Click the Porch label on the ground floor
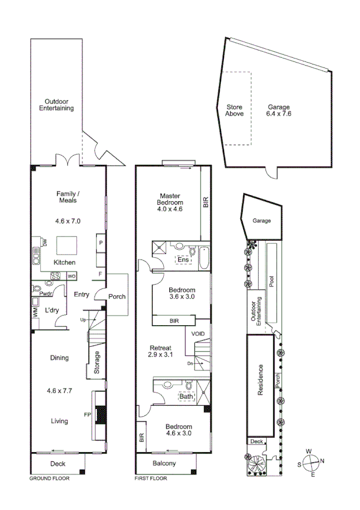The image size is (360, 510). pos(117,296)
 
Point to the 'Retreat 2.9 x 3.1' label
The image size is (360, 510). pos(161,351)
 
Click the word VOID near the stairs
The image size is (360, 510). pos(198,334)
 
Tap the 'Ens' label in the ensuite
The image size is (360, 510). pos(183,260)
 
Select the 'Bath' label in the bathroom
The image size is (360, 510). pos(186,396)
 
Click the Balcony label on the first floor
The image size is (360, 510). pos(164,463)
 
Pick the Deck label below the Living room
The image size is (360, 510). pos(58,463)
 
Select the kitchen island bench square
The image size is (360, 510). pos(66,245)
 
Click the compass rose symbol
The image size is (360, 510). pos(311,464)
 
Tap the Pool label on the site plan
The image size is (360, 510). pos(272,282)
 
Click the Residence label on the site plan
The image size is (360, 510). pos(261,379)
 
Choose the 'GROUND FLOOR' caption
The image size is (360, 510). pos(49,479)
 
